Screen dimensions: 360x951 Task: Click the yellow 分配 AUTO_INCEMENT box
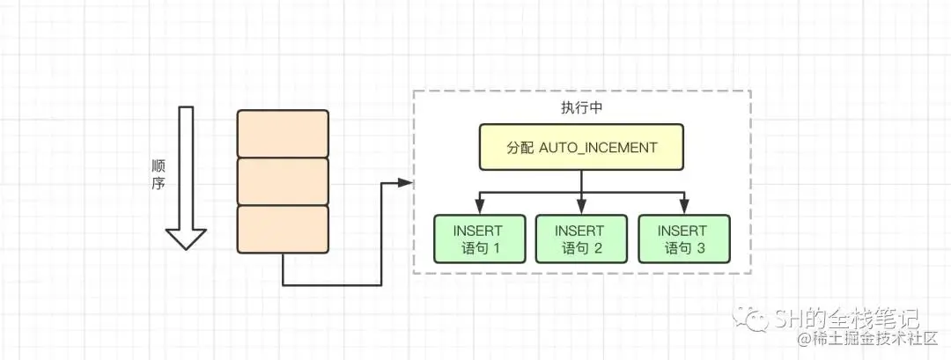(x=580, y=148)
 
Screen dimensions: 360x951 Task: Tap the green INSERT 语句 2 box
(x=580, y=239)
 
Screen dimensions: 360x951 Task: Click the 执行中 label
(x=581, y=108)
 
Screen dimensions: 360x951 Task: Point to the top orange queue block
(x=283, y=134)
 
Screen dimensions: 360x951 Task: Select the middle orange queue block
(x=283, y=181)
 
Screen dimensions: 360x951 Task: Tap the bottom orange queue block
(x=283, y=229)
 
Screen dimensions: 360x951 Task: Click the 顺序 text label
(x=159, y=175)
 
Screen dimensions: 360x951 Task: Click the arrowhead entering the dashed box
(x=405, y=182)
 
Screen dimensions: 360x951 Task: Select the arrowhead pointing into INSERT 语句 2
(x=580, y=208)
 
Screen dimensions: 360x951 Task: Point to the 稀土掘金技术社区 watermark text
(x=875, y=338)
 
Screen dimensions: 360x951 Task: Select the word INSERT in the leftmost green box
(x=479, y=230)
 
